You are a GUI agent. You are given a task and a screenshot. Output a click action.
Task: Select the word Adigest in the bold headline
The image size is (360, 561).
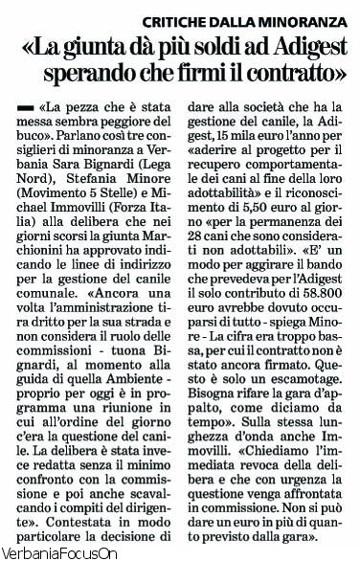301,45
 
